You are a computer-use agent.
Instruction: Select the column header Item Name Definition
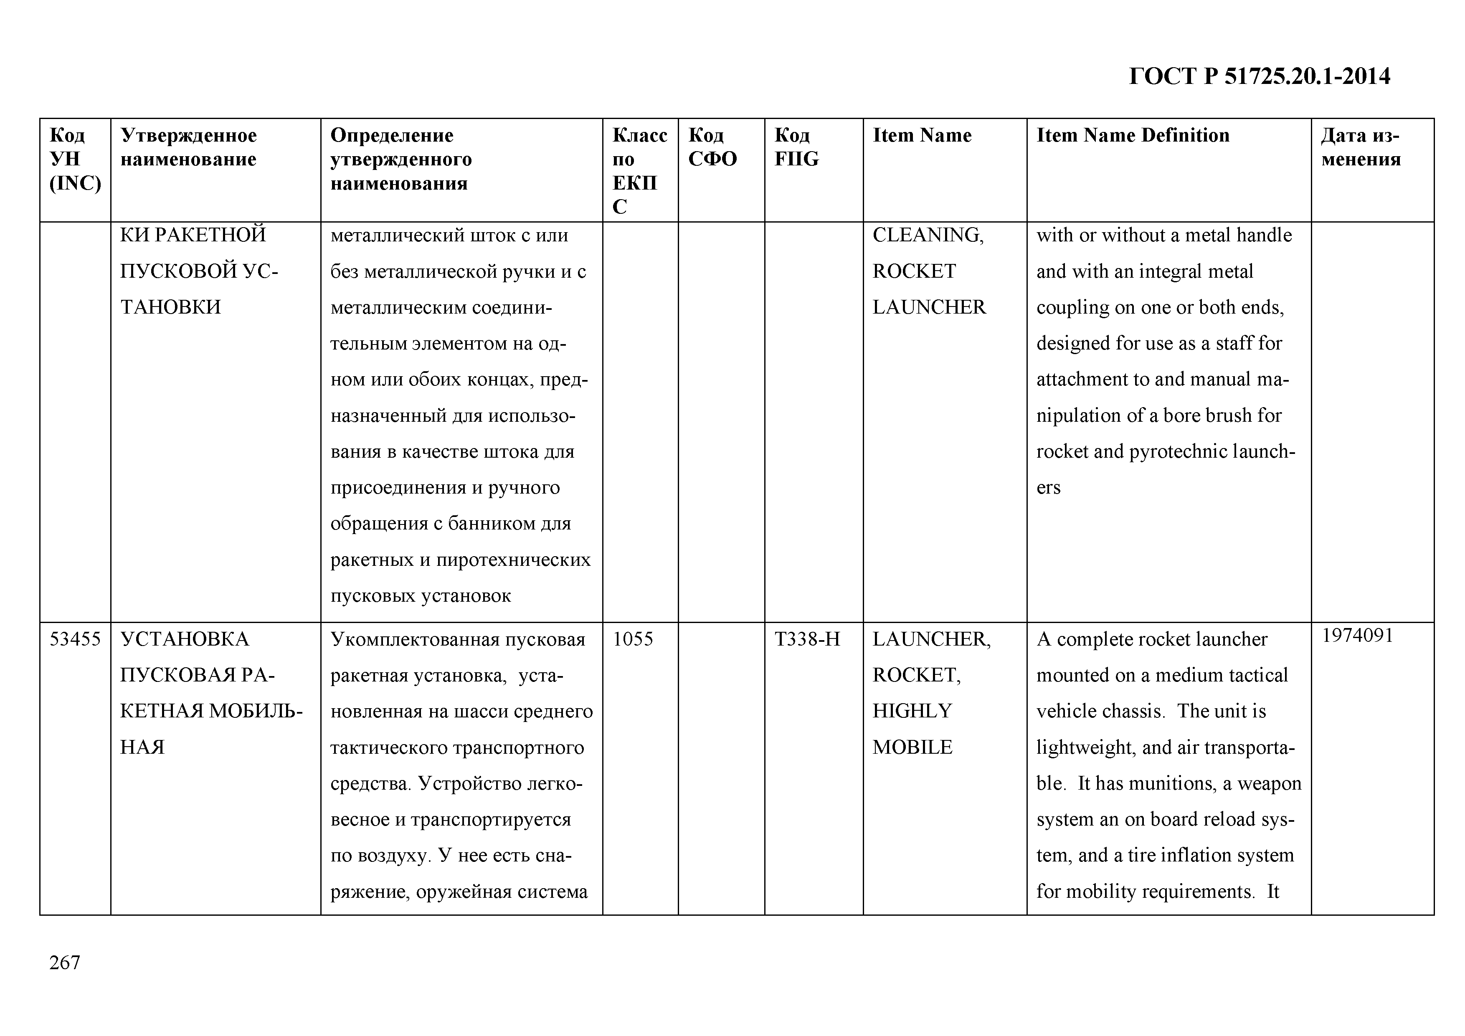(x=1133, y=135)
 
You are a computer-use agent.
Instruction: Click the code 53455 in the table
(x=75, y=639)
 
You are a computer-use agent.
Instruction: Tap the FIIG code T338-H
(x=807, y=639)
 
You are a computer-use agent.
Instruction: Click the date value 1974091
(x=1357, y=636)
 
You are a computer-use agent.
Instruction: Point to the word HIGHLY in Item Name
(x=912, y=711)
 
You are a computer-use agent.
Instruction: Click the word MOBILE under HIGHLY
(x=912, y=747)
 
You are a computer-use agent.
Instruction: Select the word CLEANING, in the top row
(x=928, y=236)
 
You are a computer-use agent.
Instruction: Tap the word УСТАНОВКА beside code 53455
(x=185, y=639)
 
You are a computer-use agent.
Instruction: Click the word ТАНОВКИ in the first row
(x=170, y=307)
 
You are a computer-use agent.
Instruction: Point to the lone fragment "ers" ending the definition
(x=1048, y=488)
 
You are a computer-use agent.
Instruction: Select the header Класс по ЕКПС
(x=639, y=170)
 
